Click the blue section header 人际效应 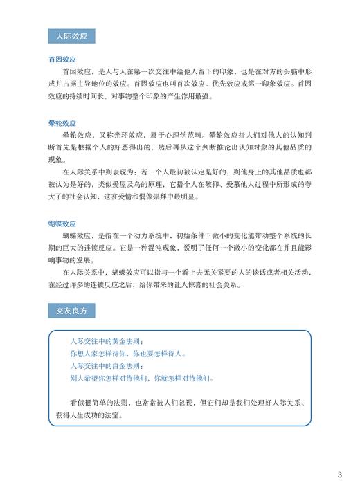click(72, 36)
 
